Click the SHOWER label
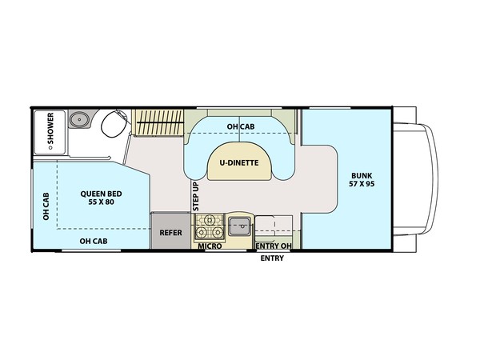51,128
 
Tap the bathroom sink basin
79,119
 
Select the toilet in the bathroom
114,124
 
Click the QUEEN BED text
101,194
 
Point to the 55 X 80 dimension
102,202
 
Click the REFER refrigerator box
170,231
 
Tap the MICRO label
210,246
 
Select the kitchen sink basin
240,226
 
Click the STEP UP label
196,196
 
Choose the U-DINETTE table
239,162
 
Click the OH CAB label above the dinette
241,126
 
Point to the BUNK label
362,176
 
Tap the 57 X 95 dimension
362,184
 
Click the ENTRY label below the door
272,258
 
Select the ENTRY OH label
274,246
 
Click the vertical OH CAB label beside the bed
46,206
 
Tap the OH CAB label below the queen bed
94,242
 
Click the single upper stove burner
210,219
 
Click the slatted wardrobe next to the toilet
158,122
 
